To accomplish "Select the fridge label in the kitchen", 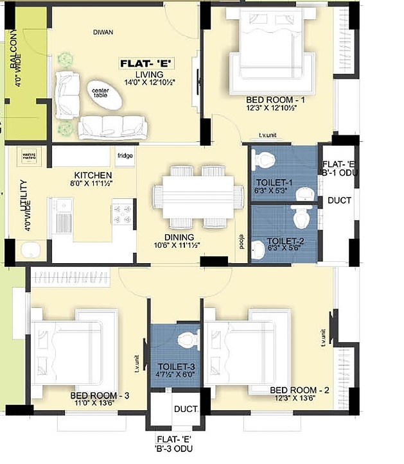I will tap(125, 155).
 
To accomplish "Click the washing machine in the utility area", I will tap(30, 156).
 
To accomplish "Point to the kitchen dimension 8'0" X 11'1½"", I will tap(93, 184).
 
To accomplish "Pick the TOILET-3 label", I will tap(175, 366).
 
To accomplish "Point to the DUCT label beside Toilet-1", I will tap(339, 200).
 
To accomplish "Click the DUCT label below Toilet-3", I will tap(186, 409).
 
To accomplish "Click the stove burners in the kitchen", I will tap(121, 212).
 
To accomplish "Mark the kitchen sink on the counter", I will tap(63, 215).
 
